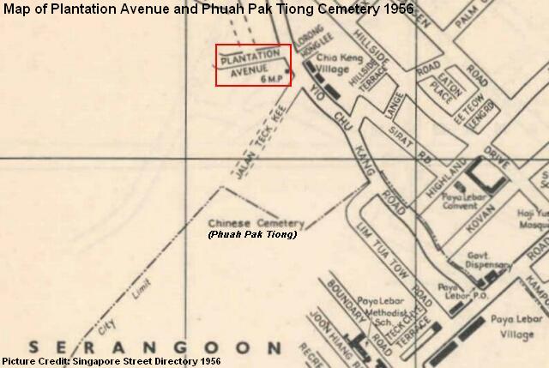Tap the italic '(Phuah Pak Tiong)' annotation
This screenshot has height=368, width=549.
coord(252,234)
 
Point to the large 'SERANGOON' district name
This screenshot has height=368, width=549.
coord(155,347)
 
